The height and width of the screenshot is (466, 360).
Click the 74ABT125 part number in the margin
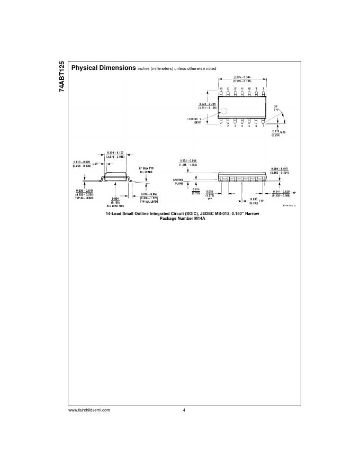pyautogui.click(x=62, y=77)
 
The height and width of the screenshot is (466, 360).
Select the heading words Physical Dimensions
pyautogui.click(x=103, y=68)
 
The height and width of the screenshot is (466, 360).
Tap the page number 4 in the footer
pyautogui.click(x=184, y=410)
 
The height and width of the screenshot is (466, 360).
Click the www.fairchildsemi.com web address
pyautogui.click(x=89, y=410)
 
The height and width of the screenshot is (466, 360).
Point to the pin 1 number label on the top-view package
pyautogui.click(x=221, y=126)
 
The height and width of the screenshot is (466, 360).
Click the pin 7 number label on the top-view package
pyautogui.click(x=263, y=126)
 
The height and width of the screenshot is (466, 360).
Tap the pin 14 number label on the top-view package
pyautogui.click(x=221, y=88)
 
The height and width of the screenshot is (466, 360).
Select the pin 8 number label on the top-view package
pyautogui.click(x=263, y=88)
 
